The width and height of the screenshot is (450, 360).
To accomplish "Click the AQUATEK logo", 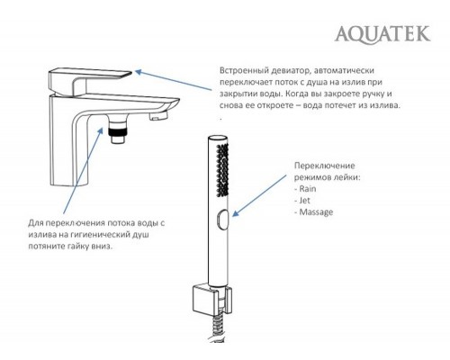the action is tap(382, 35).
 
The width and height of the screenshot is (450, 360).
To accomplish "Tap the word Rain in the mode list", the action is tap(308, 189).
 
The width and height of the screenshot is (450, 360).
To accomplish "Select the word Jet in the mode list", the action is tap(304, 201).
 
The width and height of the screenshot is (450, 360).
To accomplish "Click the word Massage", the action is tap(316, 212).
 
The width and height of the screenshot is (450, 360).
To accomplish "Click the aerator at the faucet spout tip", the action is tap(158, 116).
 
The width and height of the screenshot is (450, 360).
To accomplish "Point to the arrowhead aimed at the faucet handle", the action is tap(139, 72).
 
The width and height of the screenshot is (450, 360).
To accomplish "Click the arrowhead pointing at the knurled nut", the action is tap(101, 131).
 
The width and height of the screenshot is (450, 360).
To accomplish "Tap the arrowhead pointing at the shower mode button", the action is tap(236, 213).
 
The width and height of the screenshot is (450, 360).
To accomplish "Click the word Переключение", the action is tap(324, 166).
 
